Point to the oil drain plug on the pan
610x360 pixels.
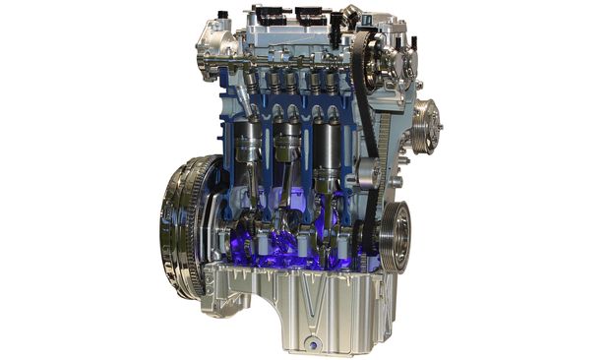pyautogui.click(x=312, y=342)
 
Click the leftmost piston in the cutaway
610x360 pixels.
pyautogui.click(x=250, y=144)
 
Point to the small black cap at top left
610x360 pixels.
pyautogui.click(x=223, y=16)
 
